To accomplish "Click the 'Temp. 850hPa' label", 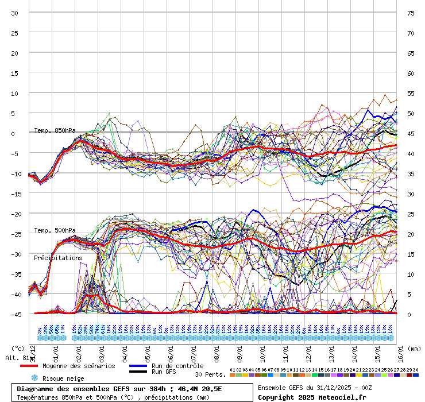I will coord(55,130).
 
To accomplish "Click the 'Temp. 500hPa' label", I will coord(55,231).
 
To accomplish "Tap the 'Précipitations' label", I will coord(58,258).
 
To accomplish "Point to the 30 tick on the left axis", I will coord(15,13).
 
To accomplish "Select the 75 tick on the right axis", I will coord(410,13).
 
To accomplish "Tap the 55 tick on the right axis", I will coord(410,93).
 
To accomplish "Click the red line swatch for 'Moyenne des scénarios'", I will coord(29,366).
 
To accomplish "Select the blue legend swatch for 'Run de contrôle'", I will coord(138,366).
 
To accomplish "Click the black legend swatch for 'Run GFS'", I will coord(138,372).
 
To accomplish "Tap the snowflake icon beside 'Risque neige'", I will coord(34,378).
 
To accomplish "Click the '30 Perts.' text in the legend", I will coord(210,374).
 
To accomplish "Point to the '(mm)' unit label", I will coord(415,348).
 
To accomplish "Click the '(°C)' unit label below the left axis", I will coord(18,348).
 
